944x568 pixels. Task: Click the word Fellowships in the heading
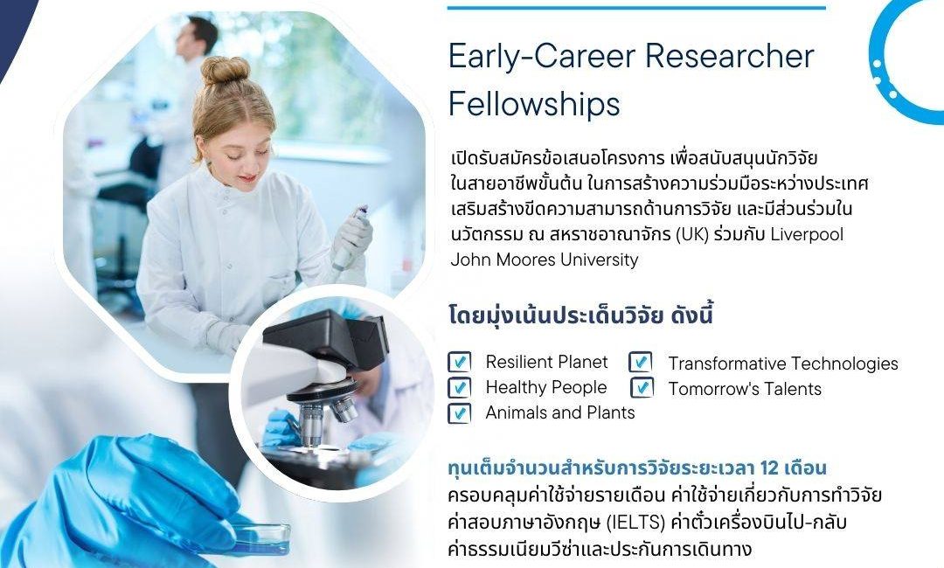(534, 103)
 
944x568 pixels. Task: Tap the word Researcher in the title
(730, 56)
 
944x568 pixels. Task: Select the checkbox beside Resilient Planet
(460, 362)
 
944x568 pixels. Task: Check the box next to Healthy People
(460, 387)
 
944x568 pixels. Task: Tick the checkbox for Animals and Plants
(460, 413)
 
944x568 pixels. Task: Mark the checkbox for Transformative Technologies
(641, 362)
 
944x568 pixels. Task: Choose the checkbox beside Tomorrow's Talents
(642, 387)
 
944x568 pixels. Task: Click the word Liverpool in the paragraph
(808, 234)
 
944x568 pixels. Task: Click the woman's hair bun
(226, 70)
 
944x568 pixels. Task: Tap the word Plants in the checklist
(609, 412)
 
